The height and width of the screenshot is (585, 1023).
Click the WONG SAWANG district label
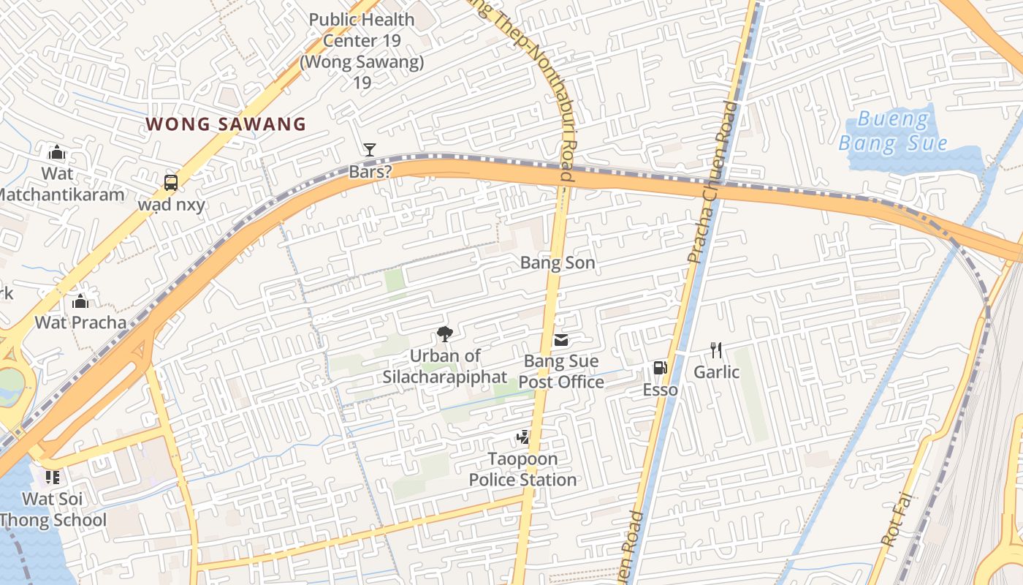click(226, 124)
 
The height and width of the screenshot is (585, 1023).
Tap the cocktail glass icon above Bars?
click(370, 150)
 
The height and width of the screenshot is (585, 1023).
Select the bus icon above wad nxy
click(170, 183)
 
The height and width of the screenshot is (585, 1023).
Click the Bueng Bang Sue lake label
click(893, 131)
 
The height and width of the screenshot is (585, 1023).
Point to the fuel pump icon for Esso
click(660, 369)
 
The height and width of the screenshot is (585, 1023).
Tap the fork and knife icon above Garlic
click(716, 350)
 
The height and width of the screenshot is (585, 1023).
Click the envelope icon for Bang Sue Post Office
click(561, 340)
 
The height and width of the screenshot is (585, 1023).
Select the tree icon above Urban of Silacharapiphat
click(444, 335)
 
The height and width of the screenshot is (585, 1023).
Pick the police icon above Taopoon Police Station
click(522, 438)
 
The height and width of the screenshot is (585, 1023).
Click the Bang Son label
click(558, 263)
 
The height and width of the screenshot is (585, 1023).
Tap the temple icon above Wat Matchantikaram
click(57, 153)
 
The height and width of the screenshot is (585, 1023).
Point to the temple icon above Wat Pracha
click(80, 301)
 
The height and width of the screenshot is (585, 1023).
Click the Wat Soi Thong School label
click(53, 510)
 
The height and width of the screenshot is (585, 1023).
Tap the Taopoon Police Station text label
click(522, 469)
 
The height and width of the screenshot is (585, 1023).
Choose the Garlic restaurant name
click(716, 372)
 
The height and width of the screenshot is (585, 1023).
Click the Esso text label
click(661, 390)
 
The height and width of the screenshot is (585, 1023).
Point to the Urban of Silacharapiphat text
click(444, 366)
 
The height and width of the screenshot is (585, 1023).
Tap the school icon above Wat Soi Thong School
click(52, 478)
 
